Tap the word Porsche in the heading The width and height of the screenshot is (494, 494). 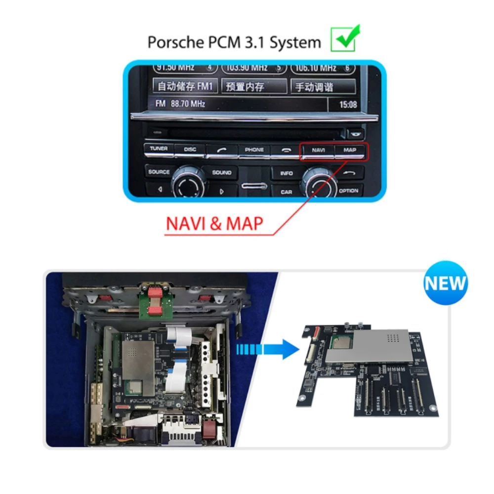(173, 42)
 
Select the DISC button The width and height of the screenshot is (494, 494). (190, 149)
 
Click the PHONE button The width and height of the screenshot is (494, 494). (254, 150)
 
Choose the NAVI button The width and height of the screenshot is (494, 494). (318, 150)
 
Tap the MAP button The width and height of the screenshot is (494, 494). (350, 150)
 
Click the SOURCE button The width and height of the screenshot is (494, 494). (159, 172)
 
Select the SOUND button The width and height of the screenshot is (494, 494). (222, 173)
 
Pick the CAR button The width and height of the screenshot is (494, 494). (287, 192)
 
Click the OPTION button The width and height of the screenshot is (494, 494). (349, 191)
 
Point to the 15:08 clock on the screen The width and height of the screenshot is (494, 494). (348, 105)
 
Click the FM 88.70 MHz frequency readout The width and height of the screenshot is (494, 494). (180, 104)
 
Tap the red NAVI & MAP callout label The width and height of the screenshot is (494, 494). (214, 223)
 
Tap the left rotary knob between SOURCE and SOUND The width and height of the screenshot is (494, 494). (188, 184)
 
